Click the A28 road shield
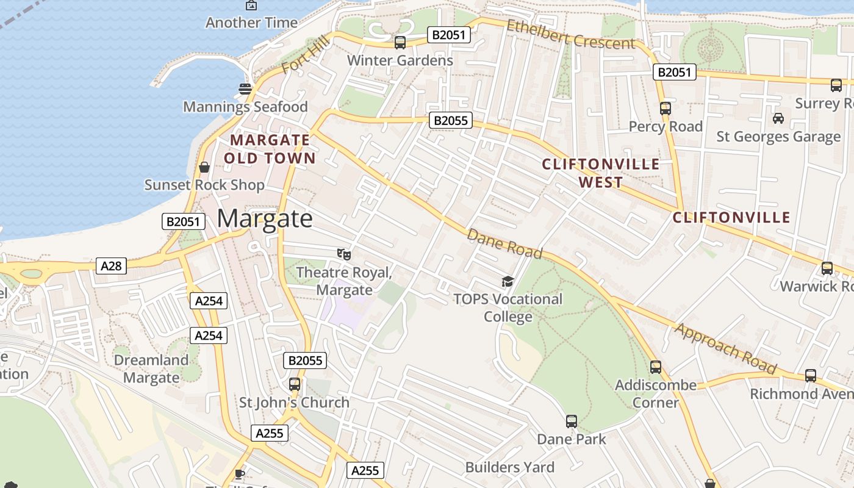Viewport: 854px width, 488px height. point(111,265)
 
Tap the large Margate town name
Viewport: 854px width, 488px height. point(264,218)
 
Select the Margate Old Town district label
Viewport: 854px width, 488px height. point(270,149)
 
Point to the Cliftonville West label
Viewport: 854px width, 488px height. point(601,173)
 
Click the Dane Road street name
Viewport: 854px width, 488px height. point(504,243)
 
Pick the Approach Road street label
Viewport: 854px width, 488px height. point(726,348)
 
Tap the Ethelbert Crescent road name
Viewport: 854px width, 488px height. point(571,35)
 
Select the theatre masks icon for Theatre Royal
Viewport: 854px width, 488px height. point(344,254)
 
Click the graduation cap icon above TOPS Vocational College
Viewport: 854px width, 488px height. point(508,281)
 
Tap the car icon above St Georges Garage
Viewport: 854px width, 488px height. point(778,118)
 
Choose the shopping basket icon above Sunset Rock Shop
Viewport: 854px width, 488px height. point(204,167)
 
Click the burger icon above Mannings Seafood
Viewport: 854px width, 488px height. point(245,89)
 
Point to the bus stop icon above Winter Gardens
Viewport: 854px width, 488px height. point(400,43)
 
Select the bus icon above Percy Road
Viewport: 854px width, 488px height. point(665,109)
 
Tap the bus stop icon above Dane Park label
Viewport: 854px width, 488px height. point(572,422)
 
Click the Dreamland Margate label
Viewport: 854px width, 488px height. point(151,368)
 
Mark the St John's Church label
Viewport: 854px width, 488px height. point(294,403)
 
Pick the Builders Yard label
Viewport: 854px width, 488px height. point(510,467)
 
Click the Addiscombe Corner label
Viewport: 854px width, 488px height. point(656,393)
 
